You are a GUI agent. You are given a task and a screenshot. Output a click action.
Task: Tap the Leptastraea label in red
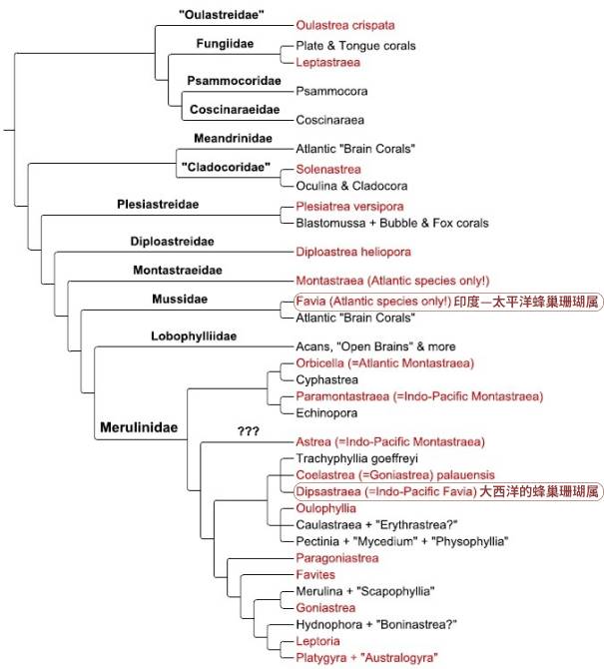[x=328, y=62]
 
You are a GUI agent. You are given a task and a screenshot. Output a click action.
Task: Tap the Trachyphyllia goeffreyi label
[x=355, y=457]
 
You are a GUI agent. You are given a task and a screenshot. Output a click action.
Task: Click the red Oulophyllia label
[x=326, y=507]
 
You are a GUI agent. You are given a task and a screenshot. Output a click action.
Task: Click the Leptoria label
[x=319, y=641]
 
